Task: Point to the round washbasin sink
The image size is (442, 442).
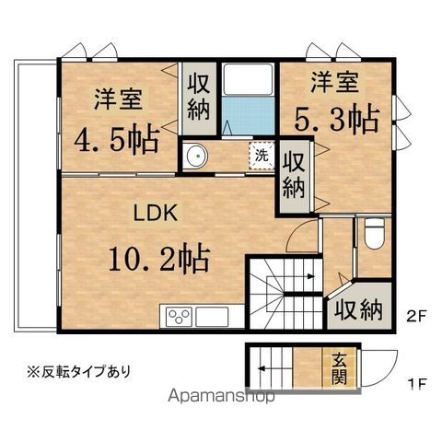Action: click(196, 157)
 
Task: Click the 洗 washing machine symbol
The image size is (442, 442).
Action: click(262, 155)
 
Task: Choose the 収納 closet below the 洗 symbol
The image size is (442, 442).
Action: click(294, 177)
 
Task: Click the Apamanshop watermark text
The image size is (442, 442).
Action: click(221, 399)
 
